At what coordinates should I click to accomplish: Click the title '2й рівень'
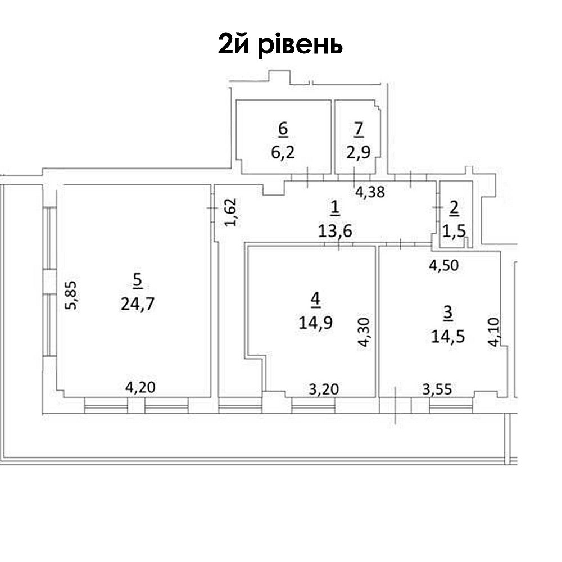280,45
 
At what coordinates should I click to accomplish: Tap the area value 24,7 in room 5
138,305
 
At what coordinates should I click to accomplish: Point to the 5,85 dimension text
71,295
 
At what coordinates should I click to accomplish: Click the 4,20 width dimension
140,387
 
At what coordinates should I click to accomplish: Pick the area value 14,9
315,323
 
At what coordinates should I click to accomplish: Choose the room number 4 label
315,300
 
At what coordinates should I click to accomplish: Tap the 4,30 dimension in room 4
364,332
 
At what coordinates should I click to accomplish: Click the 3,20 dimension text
324,389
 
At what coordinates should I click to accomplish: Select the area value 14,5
448,337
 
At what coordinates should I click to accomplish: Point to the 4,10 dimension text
494,332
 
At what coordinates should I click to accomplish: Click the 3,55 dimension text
437,389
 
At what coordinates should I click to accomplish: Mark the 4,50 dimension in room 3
444,266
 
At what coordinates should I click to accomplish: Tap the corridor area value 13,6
335,231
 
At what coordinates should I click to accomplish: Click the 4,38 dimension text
370,192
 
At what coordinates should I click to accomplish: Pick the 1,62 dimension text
231,212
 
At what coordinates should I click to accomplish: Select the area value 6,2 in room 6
283,153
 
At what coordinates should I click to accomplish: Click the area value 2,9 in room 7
359,152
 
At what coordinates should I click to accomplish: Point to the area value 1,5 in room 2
454,231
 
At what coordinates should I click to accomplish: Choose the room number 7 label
359,129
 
